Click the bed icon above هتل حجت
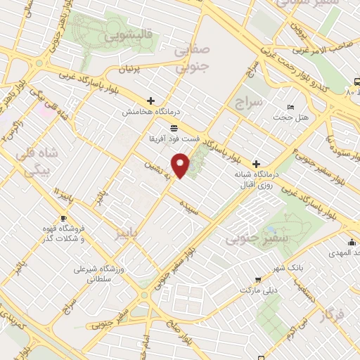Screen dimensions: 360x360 (x=291, y=107)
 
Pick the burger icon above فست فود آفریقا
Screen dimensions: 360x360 (x=174, y=127)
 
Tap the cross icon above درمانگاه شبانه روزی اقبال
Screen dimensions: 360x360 (x=256, y=163)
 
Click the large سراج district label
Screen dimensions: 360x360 (x=250, y=103)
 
